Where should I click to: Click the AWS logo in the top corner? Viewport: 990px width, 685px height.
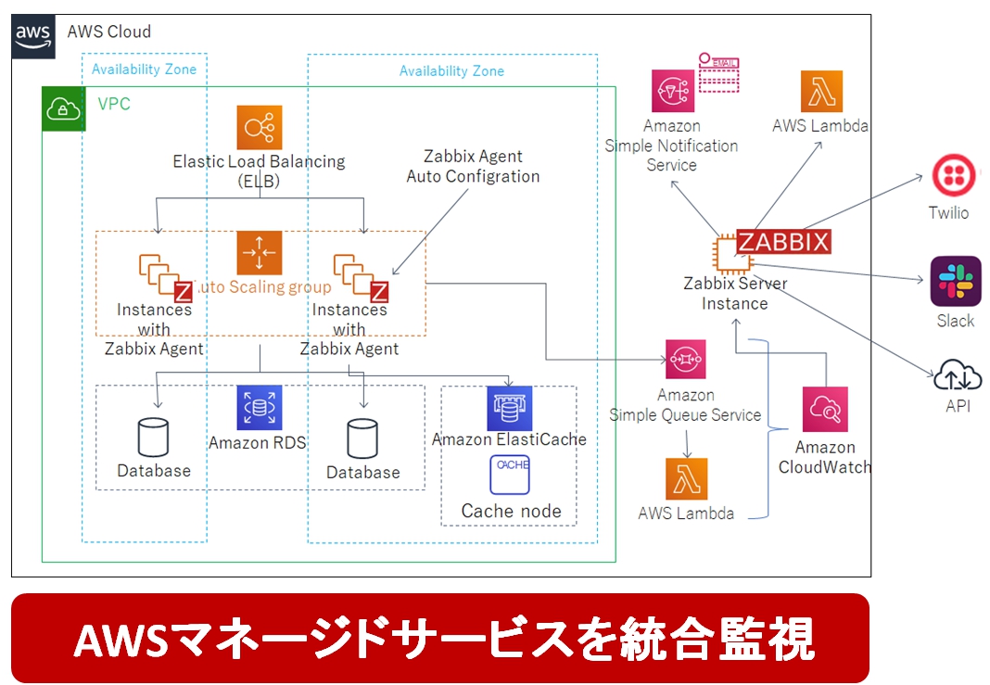[x=32, y=35]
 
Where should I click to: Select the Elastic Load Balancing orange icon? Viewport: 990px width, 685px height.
[x=259, y=128]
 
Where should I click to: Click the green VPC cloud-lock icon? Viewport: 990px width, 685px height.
[x=63, y=109]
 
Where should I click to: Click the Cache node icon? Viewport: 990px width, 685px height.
[x=509, y=474]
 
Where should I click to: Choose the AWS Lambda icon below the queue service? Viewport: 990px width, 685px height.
[x=686, y=479]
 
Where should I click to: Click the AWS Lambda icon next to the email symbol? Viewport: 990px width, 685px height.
[x=821, y=91]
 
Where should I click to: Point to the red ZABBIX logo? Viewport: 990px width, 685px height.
[x=783, y=241]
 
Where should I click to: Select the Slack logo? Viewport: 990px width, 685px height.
[x=955, y=281]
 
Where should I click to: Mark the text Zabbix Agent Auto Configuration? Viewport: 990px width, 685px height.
[x=473, y=166]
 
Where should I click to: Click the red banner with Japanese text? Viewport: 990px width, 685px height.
[x=440, y=639]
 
